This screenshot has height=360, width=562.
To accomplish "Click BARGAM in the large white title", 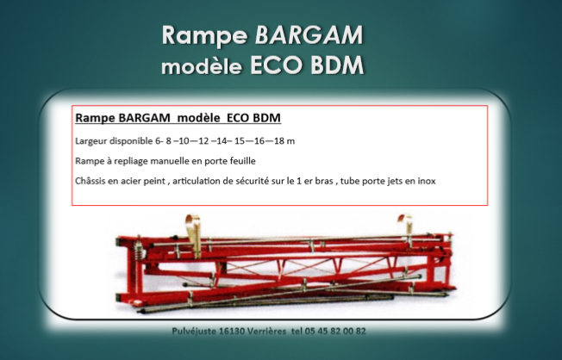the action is tap(309, 34).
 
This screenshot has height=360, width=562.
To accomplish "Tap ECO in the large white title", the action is tap(276, 65).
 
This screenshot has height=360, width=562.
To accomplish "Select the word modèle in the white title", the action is tap(202, 65).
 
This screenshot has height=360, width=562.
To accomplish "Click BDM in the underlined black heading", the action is tap(266, 118).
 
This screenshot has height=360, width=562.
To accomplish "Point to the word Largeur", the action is tap(91, 141).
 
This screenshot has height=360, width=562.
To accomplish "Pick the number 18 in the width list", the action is tap(279, 141).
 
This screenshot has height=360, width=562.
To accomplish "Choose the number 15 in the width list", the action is tap(240, 141).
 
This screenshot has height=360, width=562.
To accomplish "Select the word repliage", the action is tap(131, 162).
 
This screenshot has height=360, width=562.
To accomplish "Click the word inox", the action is tap(427, 181).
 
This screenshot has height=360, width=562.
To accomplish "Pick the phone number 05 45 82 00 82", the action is tap(335, 331).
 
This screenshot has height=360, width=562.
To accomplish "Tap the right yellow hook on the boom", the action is tap(406, 223).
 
